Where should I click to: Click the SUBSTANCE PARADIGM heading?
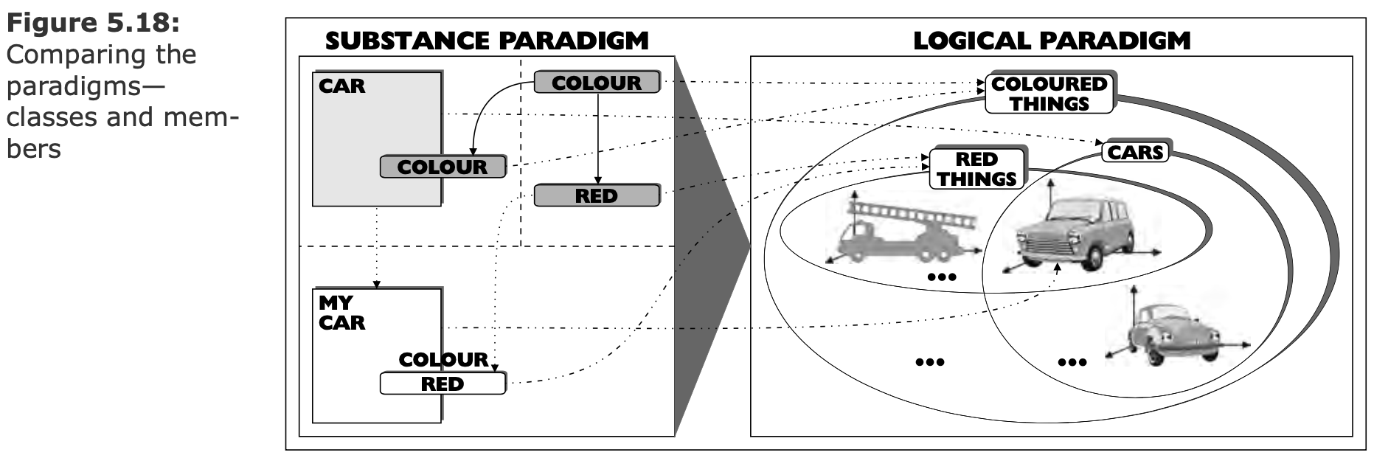point(486,41)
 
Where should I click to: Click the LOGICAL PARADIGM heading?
point(1051,41)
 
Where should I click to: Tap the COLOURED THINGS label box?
point(1049,94)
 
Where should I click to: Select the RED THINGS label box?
point(976,169)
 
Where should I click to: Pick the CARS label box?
point(1136,153)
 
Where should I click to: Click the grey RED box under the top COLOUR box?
point(596,196)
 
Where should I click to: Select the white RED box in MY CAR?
point(443,384)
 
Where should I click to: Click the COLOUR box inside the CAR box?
point(443,167)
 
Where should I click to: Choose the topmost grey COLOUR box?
point(596,83)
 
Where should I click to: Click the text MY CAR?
point(341,313)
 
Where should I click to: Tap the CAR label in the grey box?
point(341,86)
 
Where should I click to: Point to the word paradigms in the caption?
point(86,86)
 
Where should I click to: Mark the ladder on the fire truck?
point(915,215)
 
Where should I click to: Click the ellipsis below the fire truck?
point(942,277)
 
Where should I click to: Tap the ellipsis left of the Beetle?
point(1072,362)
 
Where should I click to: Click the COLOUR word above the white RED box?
point(443,360)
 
